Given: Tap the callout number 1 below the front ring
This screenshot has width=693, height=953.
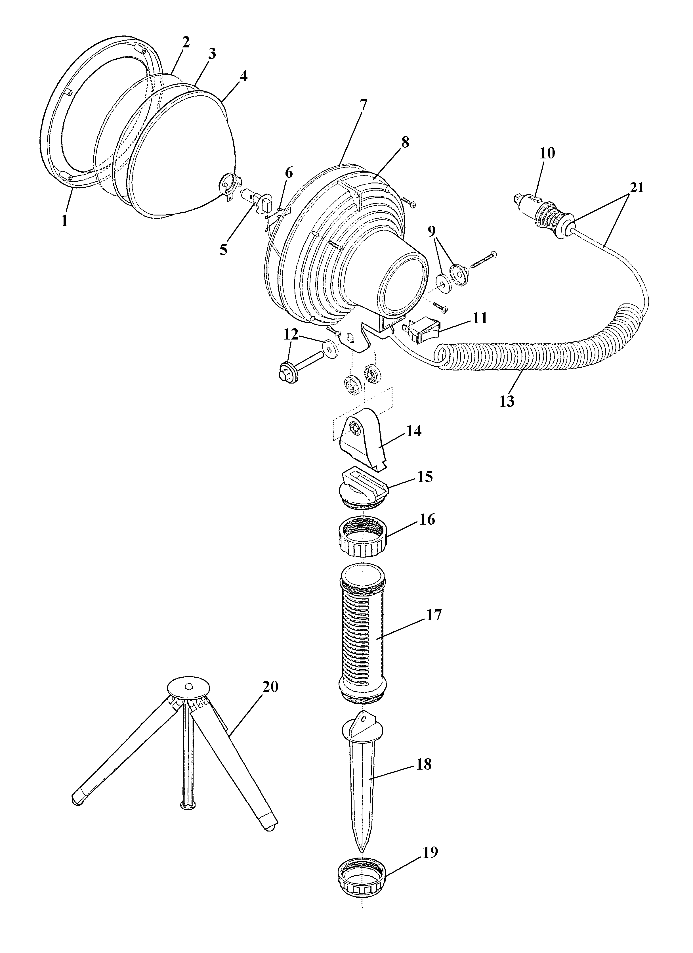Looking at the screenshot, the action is [x=64, y=221].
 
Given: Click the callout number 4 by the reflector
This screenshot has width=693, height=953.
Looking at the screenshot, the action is [x=243, y=76].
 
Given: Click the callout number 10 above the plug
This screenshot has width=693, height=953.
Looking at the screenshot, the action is [x=547, y=153].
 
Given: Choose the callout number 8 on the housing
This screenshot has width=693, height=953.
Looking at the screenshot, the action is [x=405, y=142].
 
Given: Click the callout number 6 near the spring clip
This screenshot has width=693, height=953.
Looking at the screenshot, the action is [x=289, y=172].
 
